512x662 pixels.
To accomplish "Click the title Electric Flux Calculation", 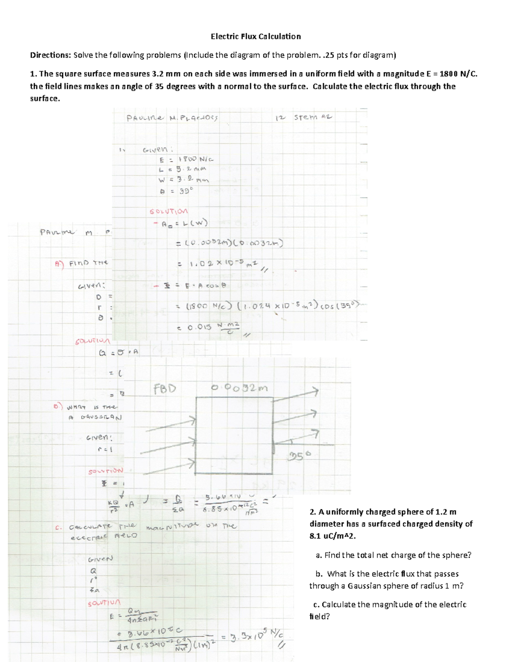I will [x=256, y=36].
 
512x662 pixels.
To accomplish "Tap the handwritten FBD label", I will [x=164, y=389].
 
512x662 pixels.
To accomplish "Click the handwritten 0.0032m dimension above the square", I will [x=240, y=388].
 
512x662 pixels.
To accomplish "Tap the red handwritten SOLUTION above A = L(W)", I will [x=169, y=211].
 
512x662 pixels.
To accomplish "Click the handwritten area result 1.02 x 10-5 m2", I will [x=218, y=264].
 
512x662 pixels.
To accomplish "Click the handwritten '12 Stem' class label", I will [x=304, y=117].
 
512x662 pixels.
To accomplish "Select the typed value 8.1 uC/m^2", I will [x=332, y=536].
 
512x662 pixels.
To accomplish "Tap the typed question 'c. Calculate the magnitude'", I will [x=390, y=604].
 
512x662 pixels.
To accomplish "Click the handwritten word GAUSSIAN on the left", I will [x=101, y=417].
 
